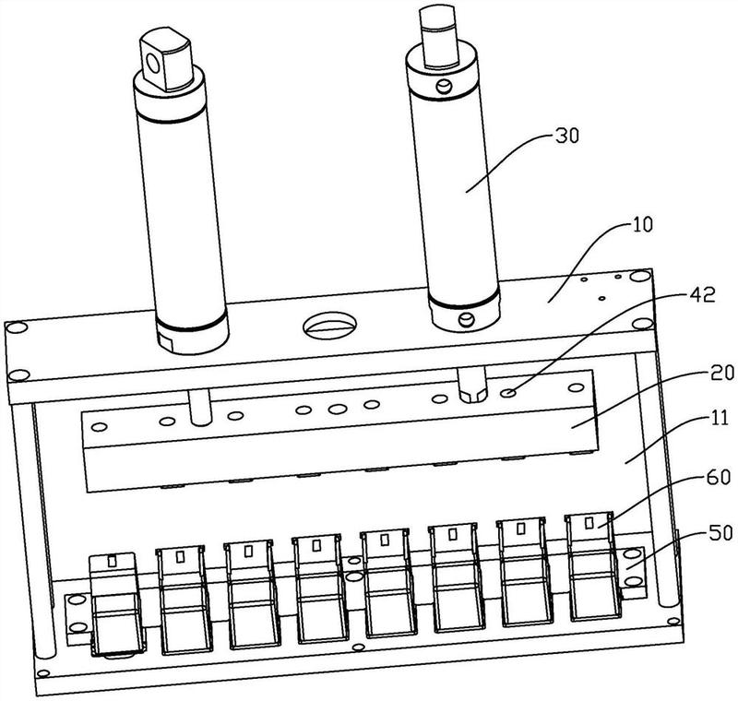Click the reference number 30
click(566, 137)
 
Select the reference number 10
click(641, 225)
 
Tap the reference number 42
click(702, 295)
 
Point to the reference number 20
click(722, 374)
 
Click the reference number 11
click(719, 418)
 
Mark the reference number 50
click(720, 533)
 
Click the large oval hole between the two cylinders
click(329, 326)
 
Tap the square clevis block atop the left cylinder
click(166, 59)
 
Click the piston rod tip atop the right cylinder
click(438, 36)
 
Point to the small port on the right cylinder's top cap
click(444, 87)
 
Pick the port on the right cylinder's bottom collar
click(467, 320)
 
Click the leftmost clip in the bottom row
click(116, 604)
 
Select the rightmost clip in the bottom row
click(593, 566)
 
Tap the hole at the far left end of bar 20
click(100, 427)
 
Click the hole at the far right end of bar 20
click(576, 387)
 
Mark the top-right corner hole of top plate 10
click(638, 276)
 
